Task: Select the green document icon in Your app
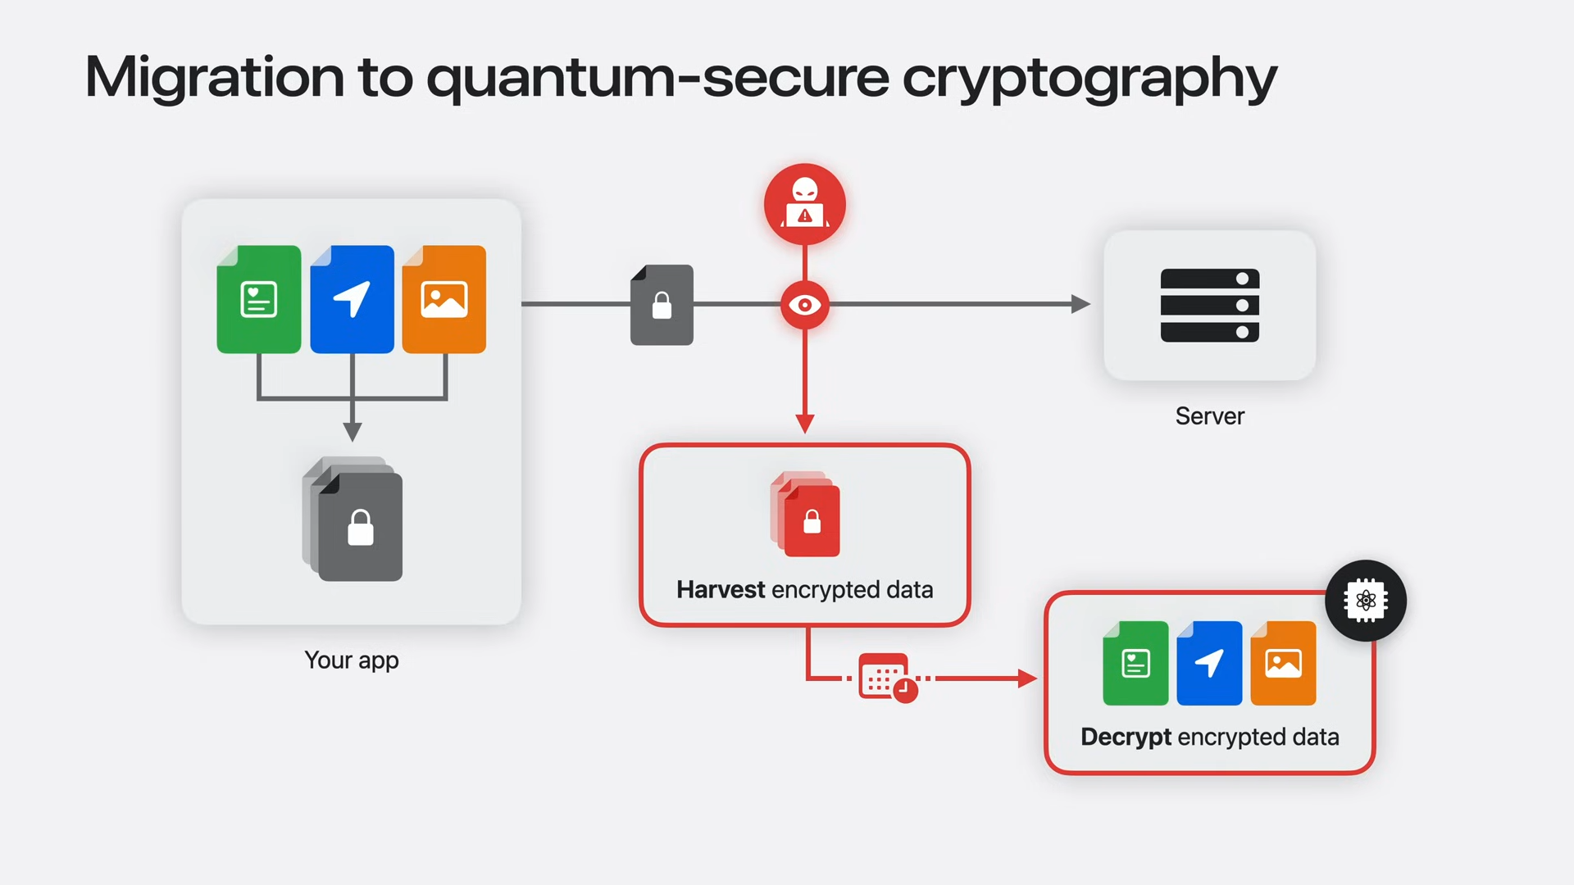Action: (x=259, y=300)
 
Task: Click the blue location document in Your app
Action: (x=352, y=300)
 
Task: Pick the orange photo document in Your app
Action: (x=444, y=300)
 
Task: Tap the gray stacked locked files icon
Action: (x=354, y=520)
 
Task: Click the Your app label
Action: (x=352, y=660)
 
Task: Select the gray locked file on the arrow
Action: (x=662, y=305)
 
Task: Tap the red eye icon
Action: (x=805, y=305)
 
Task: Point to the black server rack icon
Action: (x=1209, y=305)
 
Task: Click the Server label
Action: (x=1209, y=416)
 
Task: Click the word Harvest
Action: (x=721, y=590)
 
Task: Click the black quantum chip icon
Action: (x=1366, y=601)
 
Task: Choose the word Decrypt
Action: (x=1126, y=737)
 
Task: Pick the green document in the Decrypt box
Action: (x=1135, y=663)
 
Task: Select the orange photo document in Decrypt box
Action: (x=1283, y=663)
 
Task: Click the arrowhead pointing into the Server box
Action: (x=1080, y=304)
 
